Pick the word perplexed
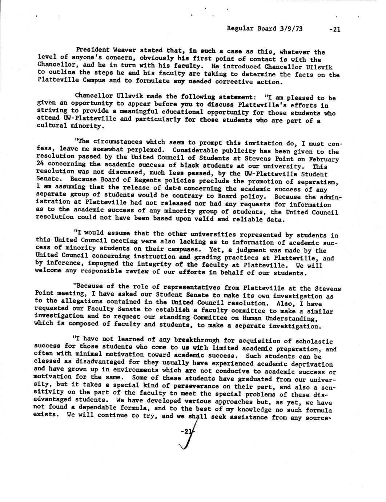coord(148,150)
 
